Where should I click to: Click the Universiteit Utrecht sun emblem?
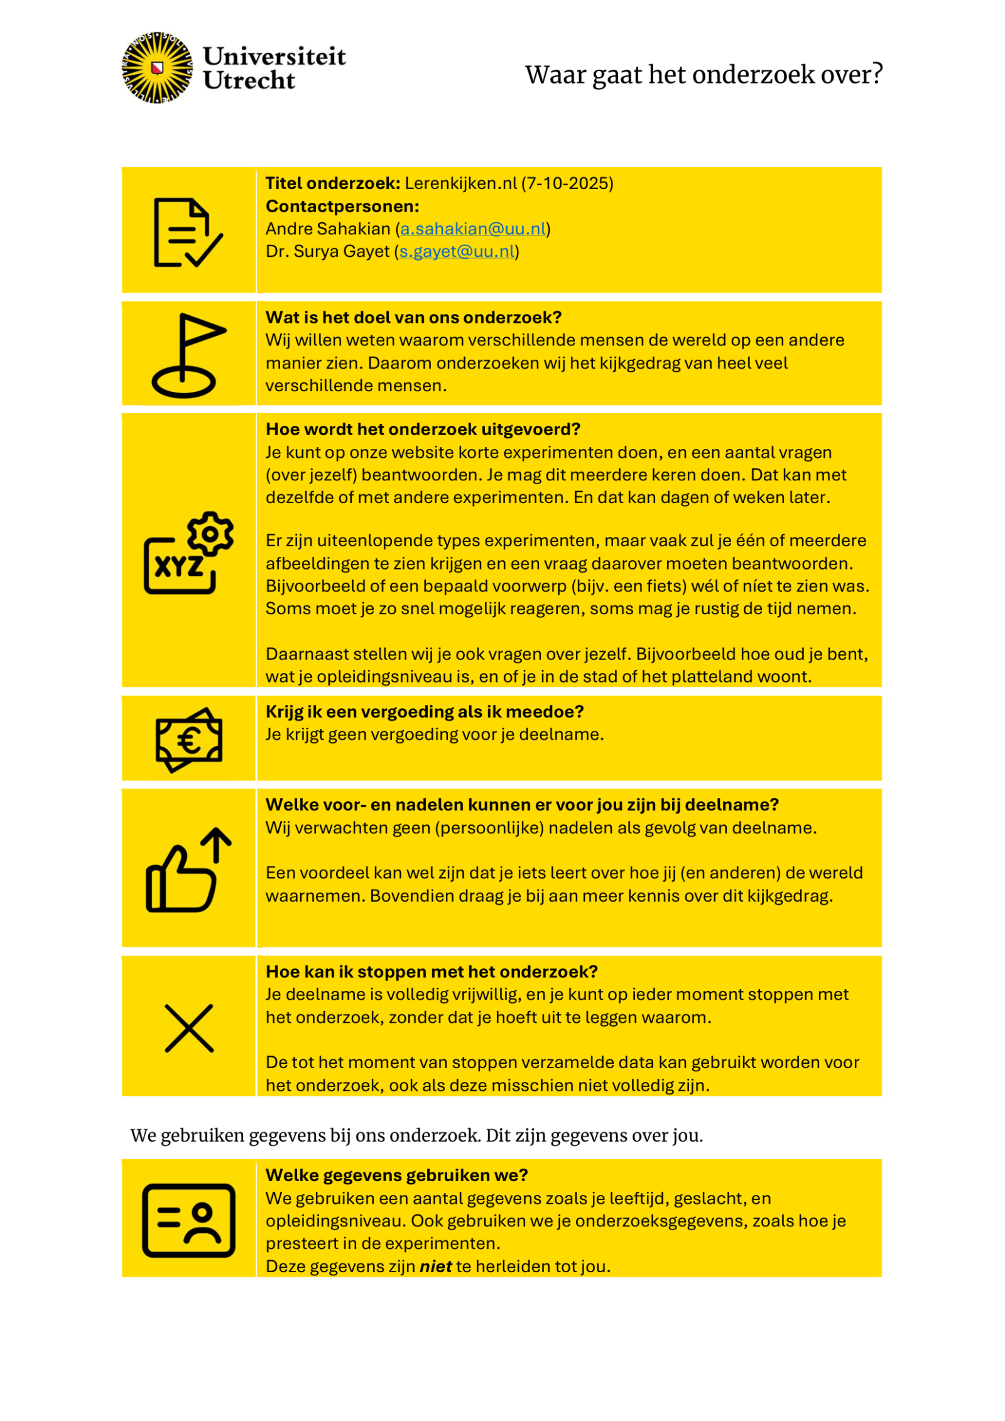[157, 68]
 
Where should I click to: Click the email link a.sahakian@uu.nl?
[473, 229]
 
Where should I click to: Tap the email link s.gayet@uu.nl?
[457, 251]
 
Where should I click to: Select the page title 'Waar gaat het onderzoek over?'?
[703, 74]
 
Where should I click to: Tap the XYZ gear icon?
[188, 553]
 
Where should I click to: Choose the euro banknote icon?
[188, 740]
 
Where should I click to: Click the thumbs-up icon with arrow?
[188, 870]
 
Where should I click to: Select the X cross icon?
[188, 1028]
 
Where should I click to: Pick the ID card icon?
[188, 1220]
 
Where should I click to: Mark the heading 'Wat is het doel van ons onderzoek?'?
[413, 317]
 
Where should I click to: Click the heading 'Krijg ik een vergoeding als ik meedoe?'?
[425, 711]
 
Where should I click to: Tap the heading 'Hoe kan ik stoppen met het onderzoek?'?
[432, 971]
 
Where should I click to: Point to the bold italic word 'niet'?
[435, 1266]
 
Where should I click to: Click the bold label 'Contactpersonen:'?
[342, 206]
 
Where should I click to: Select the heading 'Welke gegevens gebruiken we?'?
[396, 1175]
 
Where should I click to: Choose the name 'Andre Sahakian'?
[328, 229]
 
